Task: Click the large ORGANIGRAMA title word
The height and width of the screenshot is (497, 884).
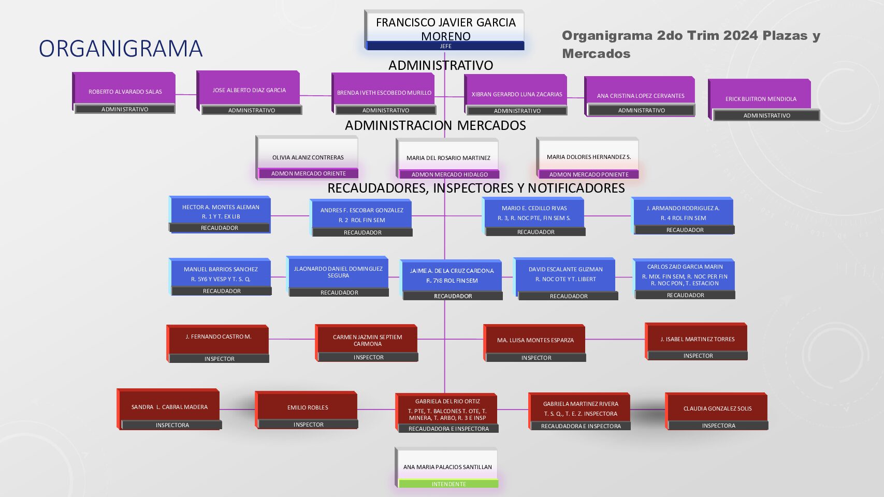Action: (x=121, y=49)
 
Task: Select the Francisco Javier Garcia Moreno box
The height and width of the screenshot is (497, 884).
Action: (x=445, y=28)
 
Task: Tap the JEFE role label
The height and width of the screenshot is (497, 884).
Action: (x=445, y=46)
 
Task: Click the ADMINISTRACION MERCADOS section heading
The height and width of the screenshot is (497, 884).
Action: (x=435, y=126)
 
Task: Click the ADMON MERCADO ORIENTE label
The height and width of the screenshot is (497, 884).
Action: (x=308, y=174)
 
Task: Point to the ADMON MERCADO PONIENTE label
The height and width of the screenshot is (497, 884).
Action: (x=588, y=175)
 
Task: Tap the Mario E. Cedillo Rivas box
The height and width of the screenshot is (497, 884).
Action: (x=534, y=213)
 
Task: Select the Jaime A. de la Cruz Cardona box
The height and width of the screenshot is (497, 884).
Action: (x=452, y=276)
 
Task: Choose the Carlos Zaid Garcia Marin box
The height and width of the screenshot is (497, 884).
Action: (x=685, y=275)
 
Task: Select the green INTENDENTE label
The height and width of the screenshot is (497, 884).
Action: (x=448, y=485)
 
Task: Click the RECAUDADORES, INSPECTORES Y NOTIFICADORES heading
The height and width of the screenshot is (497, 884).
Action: (x=476, y=188)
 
